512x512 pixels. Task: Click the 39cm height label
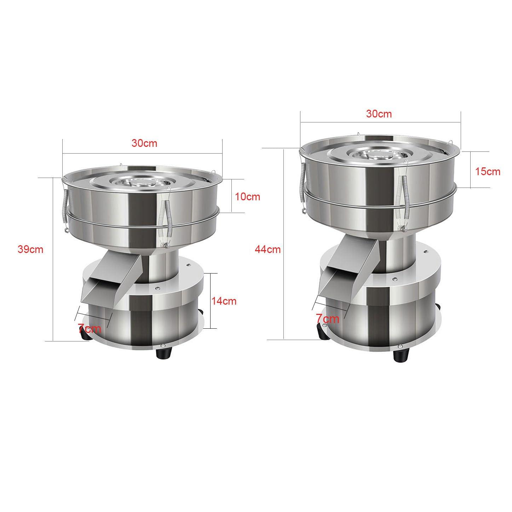30,249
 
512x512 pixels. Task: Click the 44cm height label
267,249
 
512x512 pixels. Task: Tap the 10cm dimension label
248,196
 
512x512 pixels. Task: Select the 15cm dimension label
488,172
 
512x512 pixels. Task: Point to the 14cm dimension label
224,301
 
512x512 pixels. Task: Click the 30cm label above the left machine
144,143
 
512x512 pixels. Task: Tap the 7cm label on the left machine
90,328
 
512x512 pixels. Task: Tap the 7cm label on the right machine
328,319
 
